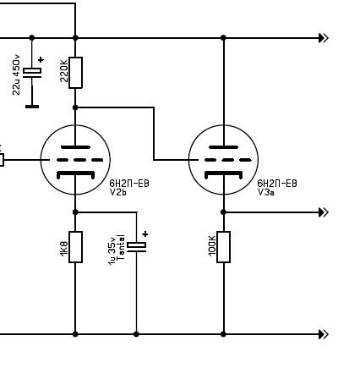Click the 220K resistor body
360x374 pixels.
(75, 73)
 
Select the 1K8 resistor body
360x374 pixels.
(75, 247)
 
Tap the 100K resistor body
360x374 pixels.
(223, 247)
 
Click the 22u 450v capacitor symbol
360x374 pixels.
(32, 73)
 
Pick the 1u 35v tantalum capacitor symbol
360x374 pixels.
(137, 247)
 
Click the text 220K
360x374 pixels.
(64, 71)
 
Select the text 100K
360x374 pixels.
(212, 245)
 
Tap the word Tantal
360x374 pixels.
(120, 247)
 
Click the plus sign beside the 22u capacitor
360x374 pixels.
(41, 59)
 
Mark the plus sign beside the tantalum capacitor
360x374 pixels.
(145, 234)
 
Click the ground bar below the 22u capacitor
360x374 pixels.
(32, 107)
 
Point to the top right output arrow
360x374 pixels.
(324, 38)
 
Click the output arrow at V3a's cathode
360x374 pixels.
(324, 212)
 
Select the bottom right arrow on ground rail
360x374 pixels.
(324, 334)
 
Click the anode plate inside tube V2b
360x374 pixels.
(75, 147)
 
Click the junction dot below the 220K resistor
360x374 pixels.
(75, 107)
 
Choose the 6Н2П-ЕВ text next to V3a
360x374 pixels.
(277, 184)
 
